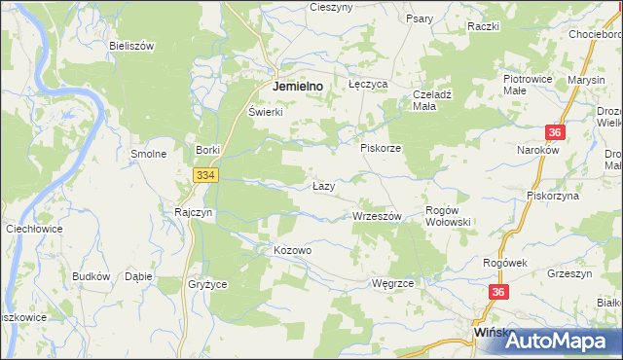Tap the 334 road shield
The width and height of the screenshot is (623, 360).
coord(204,175)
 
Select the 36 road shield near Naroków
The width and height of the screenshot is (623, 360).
coord(555,133)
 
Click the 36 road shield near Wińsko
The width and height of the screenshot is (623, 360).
coord(498,292)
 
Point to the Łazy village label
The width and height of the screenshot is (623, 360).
coord(324,185)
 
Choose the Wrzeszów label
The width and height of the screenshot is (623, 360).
coord(377,216)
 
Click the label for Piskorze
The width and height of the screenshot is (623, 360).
coord(381,148)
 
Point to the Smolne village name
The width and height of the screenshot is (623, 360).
coord(149,154)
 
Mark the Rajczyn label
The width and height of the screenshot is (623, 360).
coord(193,211)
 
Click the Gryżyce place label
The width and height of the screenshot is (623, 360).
coord(206,285)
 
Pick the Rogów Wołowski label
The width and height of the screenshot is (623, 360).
coord(449,216)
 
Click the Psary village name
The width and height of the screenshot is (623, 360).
coord(420,18)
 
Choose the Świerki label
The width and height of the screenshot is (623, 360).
coord(265,112)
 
